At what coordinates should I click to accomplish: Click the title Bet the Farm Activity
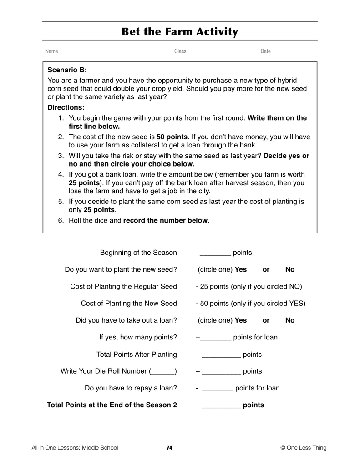pos(180,32)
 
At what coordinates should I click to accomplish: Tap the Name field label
pos(51,51)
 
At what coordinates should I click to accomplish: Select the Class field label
pos(180,51)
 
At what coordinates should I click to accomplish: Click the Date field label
pos(265,51)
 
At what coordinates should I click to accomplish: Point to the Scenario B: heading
pos(67,70)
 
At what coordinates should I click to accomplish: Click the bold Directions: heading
pos(66,107)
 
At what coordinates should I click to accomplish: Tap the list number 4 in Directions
pos(61,174)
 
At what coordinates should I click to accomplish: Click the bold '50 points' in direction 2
pos(172,137)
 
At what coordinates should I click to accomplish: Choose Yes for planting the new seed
pos(240,269)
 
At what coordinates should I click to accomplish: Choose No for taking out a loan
pos(290,320)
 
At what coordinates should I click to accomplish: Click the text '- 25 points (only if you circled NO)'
pos(248,287)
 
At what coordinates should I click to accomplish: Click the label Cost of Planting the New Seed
pos(129,304)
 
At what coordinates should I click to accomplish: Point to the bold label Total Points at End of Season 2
pos(112,405)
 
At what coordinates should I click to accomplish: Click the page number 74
pos(169,448)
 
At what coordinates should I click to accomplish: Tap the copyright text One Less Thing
pos(304,448)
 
